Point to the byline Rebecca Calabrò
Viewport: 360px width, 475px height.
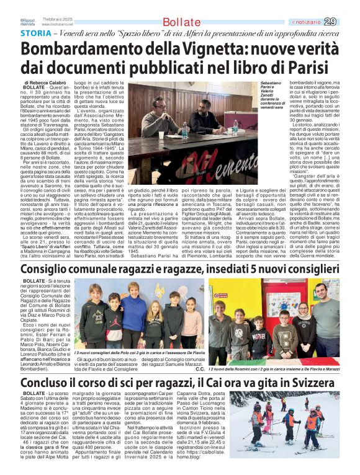tap(58, 82)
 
